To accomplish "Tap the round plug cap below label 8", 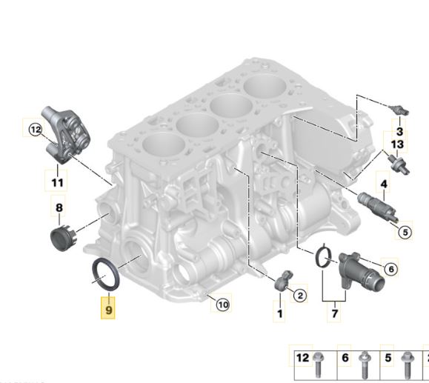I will [x=61, y=239].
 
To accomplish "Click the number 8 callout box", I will [x=60, y=209].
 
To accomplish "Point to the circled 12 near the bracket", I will [x=35, y=130].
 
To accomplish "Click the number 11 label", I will [x=58, y=180].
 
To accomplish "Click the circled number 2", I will [x=300, y=296].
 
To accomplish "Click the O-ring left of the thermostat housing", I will [x=322, y=256].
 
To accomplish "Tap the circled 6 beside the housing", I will [x=390, y=270].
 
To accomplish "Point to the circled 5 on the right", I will [x=404, y=232].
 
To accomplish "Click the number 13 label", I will [x=397, y=143].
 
